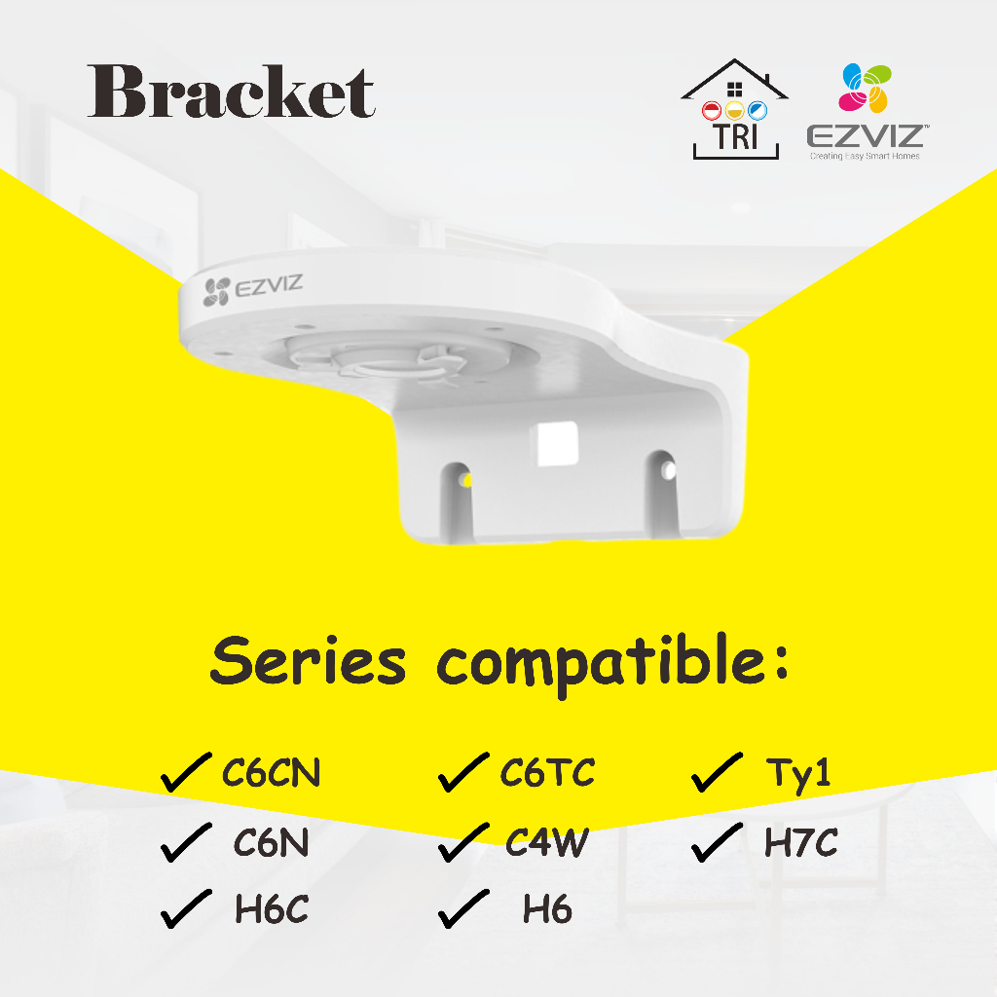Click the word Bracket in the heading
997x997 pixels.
pos(231,93)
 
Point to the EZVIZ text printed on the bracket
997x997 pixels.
pos(256,287)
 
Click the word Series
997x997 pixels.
pos(308,663)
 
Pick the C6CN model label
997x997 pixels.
pos(271,775)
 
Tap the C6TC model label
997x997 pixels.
pos(547,774)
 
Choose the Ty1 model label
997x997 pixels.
pos(798,776)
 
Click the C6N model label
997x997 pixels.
pos(271,843)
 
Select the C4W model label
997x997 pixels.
pos(546,843)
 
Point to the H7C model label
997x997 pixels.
pos(799,843)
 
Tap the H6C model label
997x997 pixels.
pos(271,910)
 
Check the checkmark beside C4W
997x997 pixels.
pos(462,842)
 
